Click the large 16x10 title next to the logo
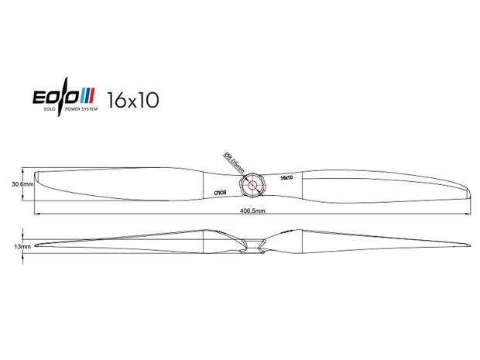pyautogui.click(x=133, y=100)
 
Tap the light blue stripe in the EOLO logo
pyautogui.click(x=83, y=95)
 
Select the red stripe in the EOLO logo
pyautogui.click(x=91, y=95)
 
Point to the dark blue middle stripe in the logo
pyautogui.click(x=87, y=95)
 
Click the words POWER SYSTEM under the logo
pyautogui.click(x=84, y=109)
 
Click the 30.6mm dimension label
pyautogui.click(x=22, y=184)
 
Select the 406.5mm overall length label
pyautogui.click(x=252, y=211)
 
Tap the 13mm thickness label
pyautogui.click(x=22, y=246)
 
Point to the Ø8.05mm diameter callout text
pyautogui.click(x=234, y=163)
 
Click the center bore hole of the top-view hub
pyautogui.click(x=252, y=185)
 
